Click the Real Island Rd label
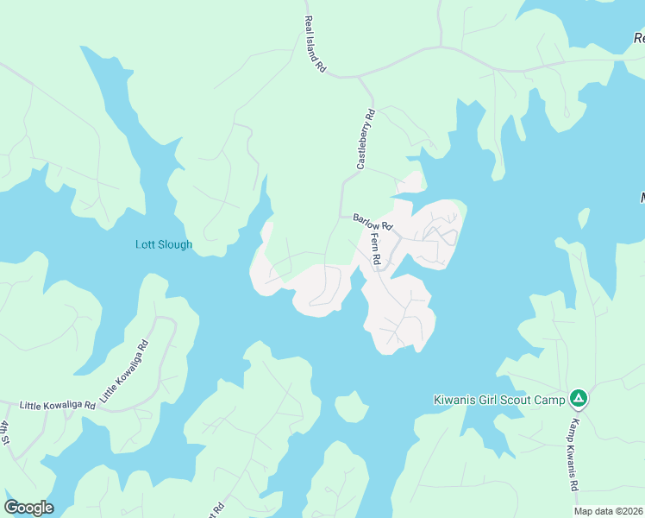(315, 44)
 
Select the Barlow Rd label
(373, 223)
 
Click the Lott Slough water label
(164, 245)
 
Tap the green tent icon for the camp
(579, 399)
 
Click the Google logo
(28, 508)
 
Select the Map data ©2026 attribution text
(608, 511)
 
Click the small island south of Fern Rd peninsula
(351, 407)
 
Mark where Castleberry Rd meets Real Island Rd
(360, 78)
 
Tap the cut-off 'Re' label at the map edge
(639, 38)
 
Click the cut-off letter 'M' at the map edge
(642, 198)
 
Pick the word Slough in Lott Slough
(175, 245)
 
